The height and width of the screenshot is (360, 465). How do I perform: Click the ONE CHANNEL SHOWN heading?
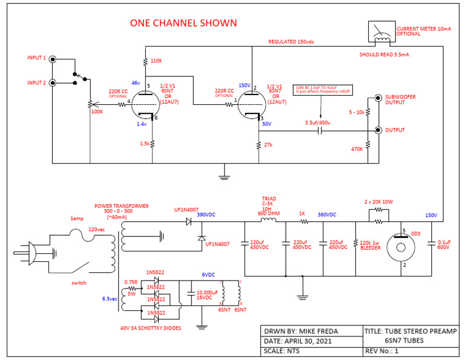coord(183,23)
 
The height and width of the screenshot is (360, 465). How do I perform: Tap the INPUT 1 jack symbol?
coord(54,59)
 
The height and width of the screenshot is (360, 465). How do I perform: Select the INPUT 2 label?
coord(36,82)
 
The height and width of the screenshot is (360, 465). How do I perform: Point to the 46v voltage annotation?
coord(135,82)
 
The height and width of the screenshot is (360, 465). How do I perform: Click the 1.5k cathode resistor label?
coord(143,144)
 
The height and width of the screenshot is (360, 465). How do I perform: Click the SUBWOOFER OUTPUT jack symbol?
coord(378,98)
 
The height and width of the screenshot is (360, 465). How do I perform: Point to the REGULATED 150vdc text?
coord(291,42)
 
